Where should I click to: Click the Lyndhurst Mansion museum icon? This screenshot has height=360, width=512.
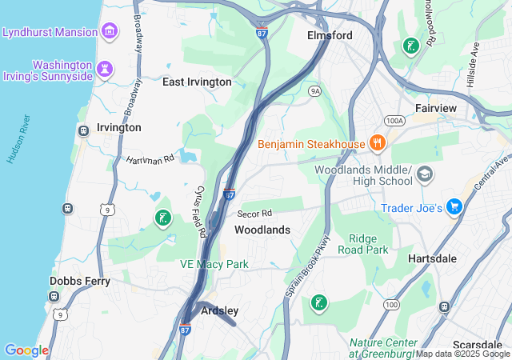click(110, 33)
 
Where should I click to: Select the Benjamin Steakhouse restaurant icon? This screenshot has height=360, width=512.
click(377, 143)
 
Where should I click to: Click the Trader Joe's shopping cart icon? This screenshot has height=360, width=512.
click(454, 207)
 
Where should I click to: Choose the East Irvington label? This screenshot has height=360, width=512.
click(197, 82)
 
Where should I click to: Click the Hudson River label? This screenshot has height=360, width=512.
click(18, 139)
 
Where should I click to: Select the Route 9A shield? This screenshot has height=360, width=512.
click(315, 91)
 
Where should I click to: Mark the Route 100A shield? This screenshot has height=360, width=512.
click(394, 121)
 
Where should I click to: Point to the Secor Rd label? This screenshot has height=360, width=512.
click(254, 214)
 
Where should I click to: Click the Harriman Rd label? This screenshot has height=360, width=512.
click(150, 160)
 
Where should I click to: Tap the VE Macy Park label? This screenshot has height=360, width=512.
click(214, 264)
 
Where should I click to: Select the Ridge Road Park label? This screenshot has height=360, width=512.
click(368, 244)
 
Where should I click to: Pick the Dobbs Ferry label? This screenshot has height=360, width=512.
click(79, 281)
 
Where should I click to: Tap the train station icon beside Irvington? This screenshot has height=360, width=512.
click(82, 130)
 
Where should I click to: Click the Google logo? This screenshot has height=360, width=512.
click(26, 350)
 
